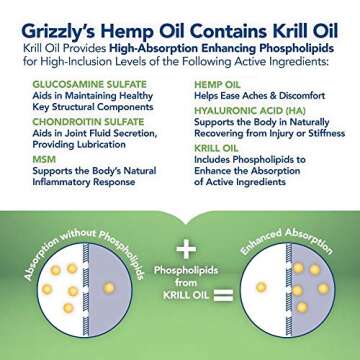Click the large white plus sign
pos(182,248)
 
